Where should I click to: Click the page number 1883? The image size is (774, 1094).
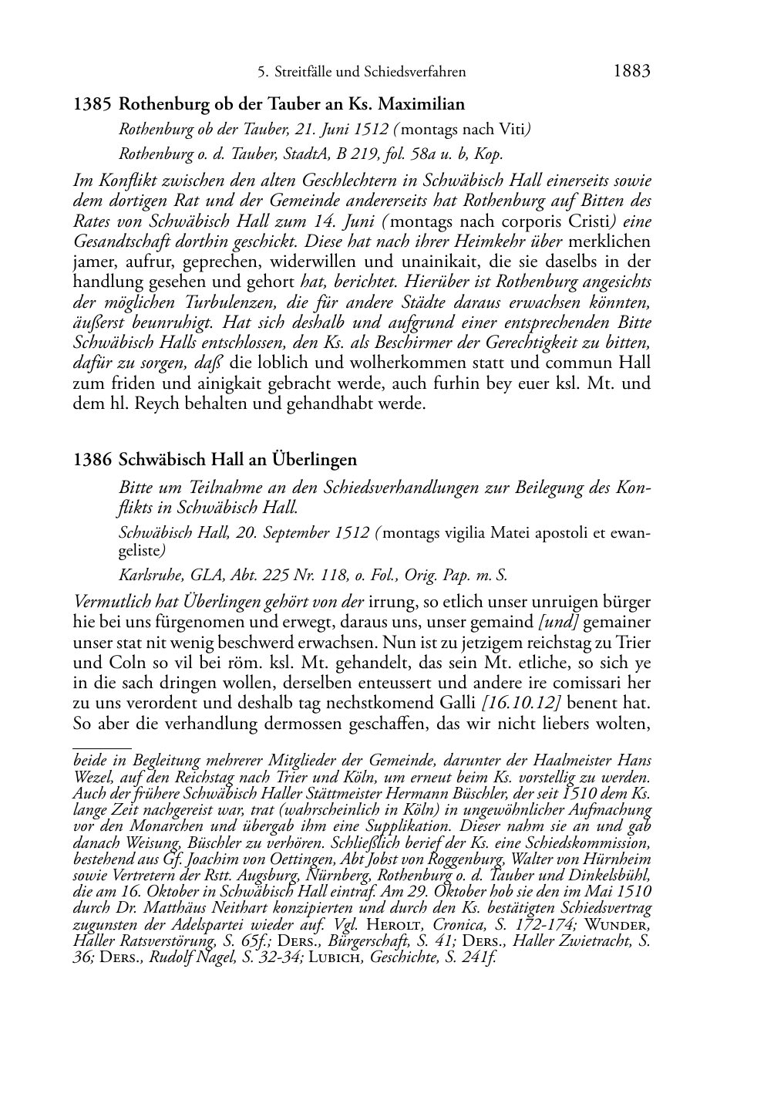point(631,72)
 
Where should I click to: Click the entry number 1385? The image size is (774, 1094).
point(93,103)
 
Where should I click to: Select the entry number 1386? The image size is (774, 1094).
point(93,460)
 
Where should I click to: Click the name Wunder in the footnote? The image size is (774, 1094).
point(624,926)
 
